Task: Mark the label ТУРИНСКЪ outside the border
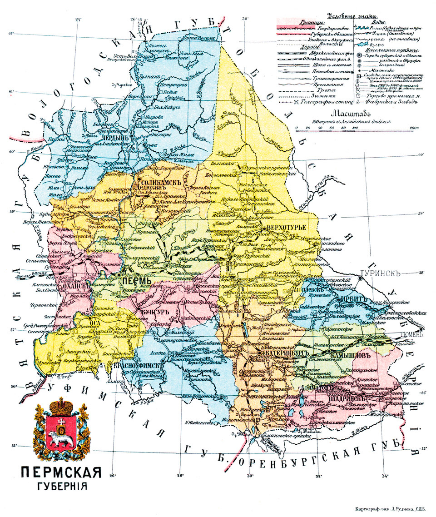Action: coord(379,274)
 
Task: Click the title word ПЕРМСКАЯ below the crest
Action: coord(60,473)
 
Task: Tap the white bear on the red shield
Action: coord(60,439)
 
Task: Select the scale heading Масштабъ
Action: coord(352,114)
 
